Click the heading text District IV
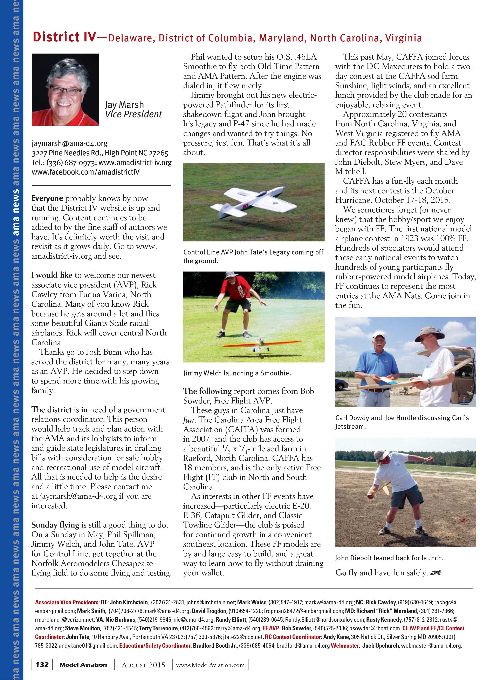64,37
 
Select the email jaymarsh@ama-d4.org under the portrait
70,144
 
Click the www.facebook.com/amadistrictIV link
85,172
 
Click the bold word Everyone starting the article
47,198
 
